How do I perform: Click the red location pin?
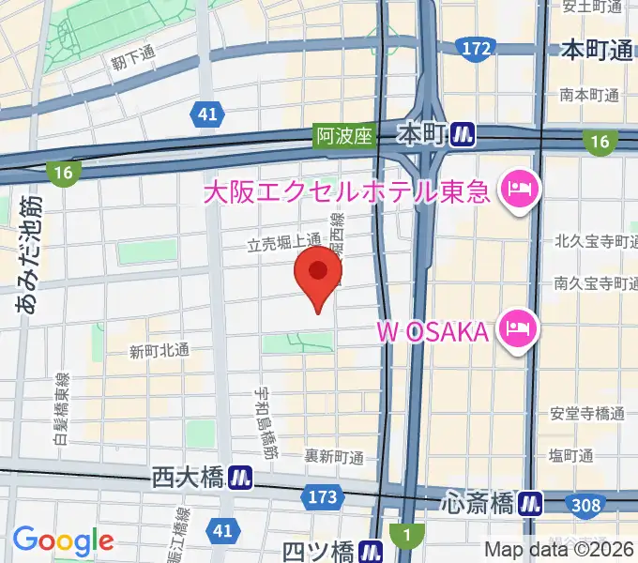pos(318,274)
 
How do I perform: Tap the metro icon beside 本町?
pos(461,134)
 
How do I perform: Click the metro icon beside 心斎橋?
pos(531,504)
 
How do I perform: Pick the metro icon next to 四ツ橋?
pos(373,548)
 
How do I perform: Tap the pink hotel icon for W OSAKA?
pos(517,330)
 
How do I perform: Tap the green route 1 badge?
pos(405,536)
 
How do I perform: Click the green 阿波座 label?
pos(343,136)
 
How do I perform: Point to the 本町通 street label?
pos(597,51)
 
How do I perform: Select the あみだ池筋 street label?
pos(27,253)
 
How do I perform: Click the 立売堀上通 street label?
pos(283,243)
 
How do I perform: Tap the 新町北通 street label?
pos(159,352)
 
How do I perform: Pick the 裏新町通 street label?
pos(333,457)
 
